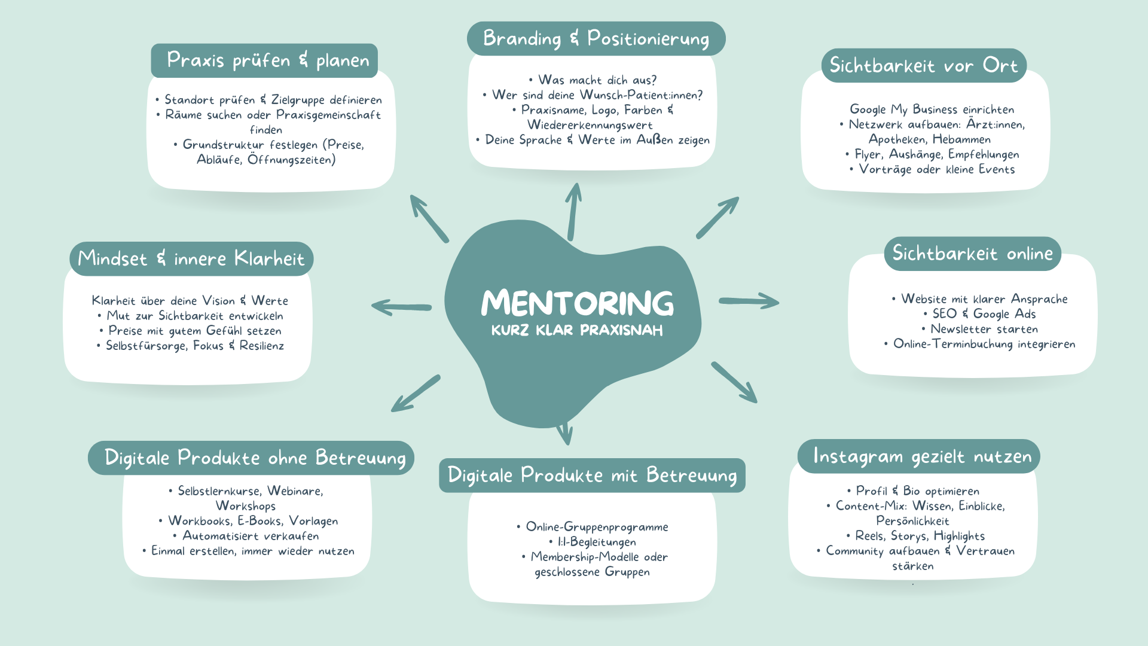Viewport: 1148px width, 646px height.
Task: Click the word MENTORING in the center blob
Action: point(577,303)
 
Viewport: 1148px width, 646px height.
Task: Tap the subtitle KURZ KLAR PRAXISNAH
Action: point(577,330)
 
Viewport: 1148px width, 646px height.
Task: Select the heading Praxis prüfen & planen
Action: point(267,60)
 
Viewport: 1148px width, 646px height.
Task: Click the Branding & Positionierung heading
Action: point(596,39)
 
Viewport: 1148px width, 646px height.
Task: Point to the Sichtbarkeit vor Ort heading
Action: point(923,66)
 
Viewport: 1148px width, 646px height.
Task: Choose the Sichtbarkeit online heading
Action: point(972,254)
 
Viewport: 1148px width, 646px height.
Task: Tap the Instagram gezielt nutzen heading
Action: point(922,456)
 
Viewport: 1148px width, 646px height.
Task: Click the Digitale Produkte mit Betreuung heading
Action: point(592,476)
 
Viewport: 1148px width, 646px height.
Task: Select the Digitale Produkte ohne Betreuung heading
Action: point(255,458)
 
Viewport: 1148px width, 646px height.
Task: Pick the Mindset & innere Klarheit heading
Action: point(191,259)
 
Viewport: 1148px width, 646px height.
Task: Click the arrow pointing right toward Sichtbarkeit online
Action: point(749,301)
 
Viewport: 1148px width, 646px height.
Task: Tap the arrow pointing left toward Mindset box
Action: point(401,307)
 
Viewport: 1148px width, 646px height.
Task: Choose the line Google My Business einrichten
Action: point(932,109)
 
